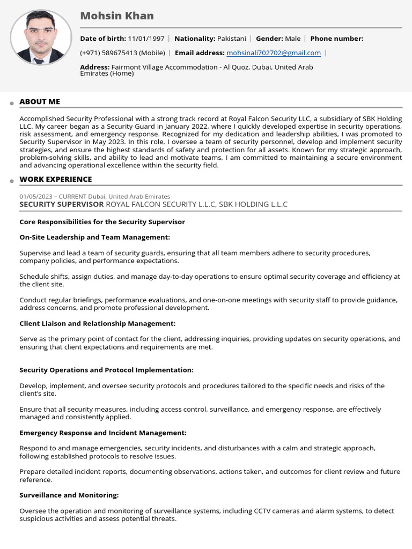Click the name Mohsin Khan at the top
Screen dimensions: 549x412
pos(117,16)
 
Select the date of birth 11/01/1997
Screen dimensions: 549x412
pos(146,39)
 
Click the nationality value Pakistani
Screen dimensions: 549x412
pos(231,39)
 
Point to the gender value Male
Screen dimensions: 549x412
pos(292,39)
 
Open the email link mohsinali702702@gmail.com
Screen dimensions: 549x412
pos(274,53)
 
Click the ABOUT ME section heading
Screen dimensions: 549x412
pos(40,102)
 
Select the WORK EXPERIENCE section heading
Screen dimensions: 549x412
pos(56,180)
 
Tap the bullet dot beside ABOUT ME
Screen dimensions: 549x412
pos(11,103)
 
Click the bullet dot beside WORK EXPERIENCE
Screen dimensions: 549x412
pos(11,181)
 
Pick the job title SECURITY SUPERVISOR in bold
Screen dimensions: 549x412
pos(62,204)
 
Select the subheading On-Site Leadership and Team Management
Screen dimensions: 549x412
pos(94,238)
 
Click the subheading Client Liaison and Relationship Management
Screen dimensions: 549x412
pos(97,324)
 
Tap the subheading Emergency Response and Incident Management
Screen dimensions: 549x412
pos(103,433)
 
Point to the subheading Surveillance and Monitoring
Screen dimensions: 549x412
pos(69,495)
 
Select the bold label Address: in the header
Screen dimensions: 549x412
pos(94,67)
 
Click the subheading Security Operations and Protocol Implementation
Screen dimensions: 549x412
pos(106,370)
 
